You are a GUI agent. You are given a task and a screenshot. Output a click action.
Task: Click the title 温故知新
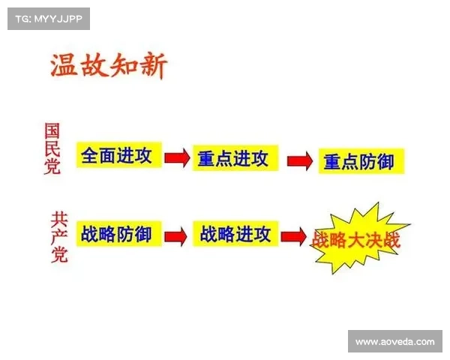pos(108,66)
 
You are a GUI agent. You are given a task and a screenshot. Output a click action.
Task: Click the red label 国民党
pos(52,150)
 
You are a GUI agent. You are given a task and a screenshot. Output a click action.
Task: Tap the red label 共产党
pos(59,237)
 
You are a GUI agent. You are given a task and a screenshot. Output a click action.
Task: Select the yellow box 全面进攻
pos(116,157)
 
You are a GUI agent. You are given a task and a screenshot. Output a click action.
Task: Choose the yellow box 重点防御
pos(358,161)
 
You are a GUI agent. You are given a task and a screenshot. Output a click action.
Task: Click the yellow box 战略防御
pos(116,235)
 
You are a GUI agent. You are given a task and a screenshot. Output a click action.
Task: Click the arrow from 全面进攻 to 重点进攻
pos(176,158)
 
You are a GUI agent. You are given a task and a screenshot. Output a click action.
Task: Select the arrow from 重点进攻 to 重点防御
pos(298,160)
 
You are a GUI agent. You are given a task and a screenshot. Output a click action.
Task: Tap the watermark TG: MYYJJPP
pos(48,18)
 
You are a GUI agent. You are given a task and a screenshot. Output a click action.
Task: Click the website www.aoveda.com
pos(394,341)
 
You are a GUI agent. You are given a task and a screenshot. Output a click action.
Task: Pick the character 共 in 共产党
pos(59,219)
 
